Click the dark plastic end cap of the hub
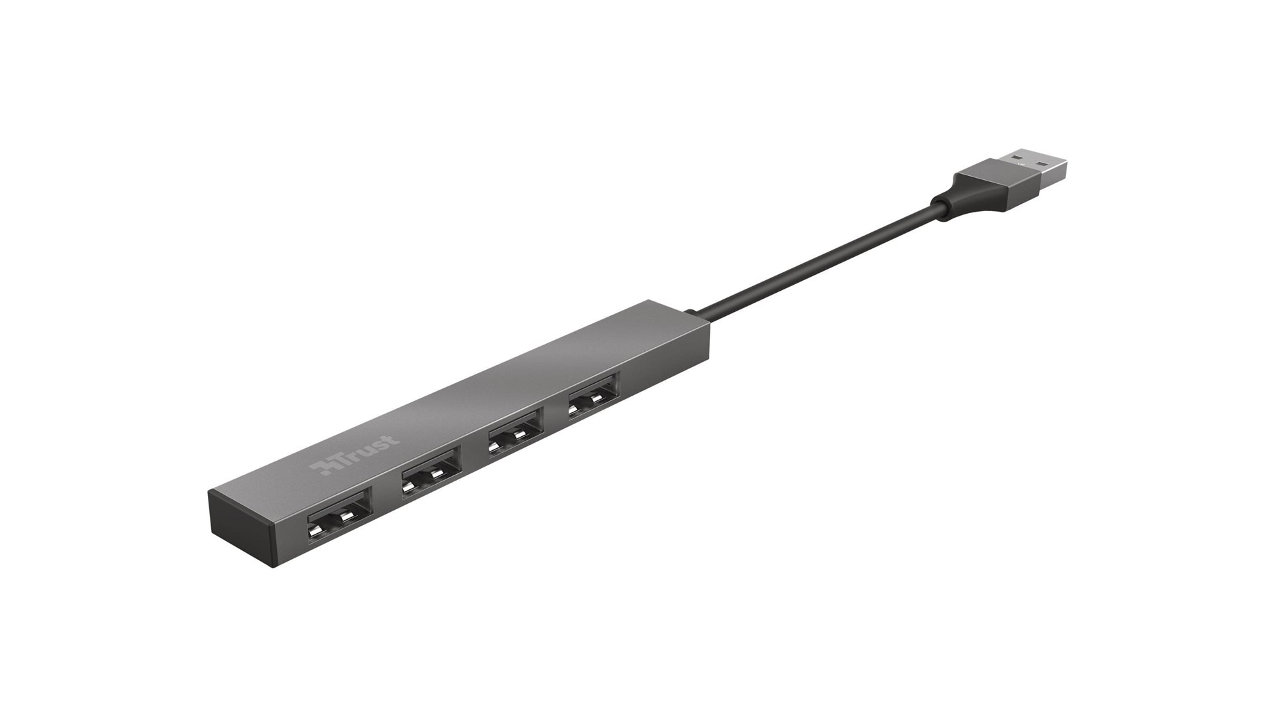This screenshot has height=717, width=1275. click(239, 528)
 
